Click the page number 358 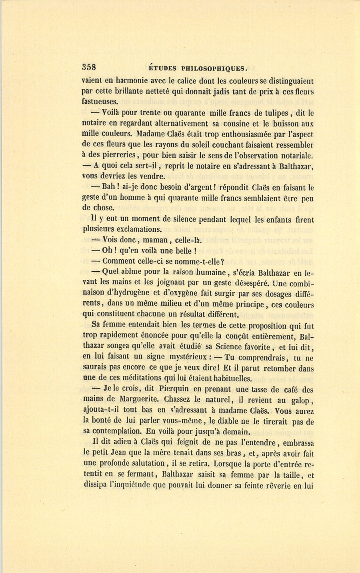tap(90, 67)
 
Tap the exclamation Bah tap(108, 187)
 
